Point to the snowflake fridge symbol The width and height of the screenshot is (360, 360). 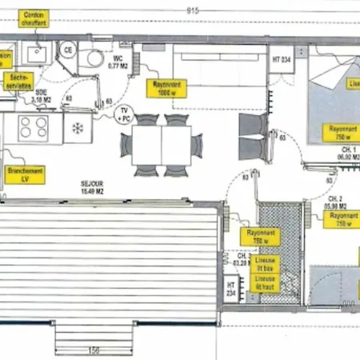coord(78,128)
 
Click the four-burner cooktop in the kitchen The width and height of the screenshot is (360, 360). coord(34,127)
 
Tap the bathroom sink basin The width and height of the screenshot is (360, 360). coord(35,53)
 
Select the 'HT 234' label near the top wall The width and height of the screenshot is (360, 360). coord(282,59)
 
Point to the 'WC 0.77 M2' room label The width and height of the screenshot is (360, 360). coord(118,61)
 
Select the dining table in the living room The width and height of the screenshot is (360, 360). coord(162,146)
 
